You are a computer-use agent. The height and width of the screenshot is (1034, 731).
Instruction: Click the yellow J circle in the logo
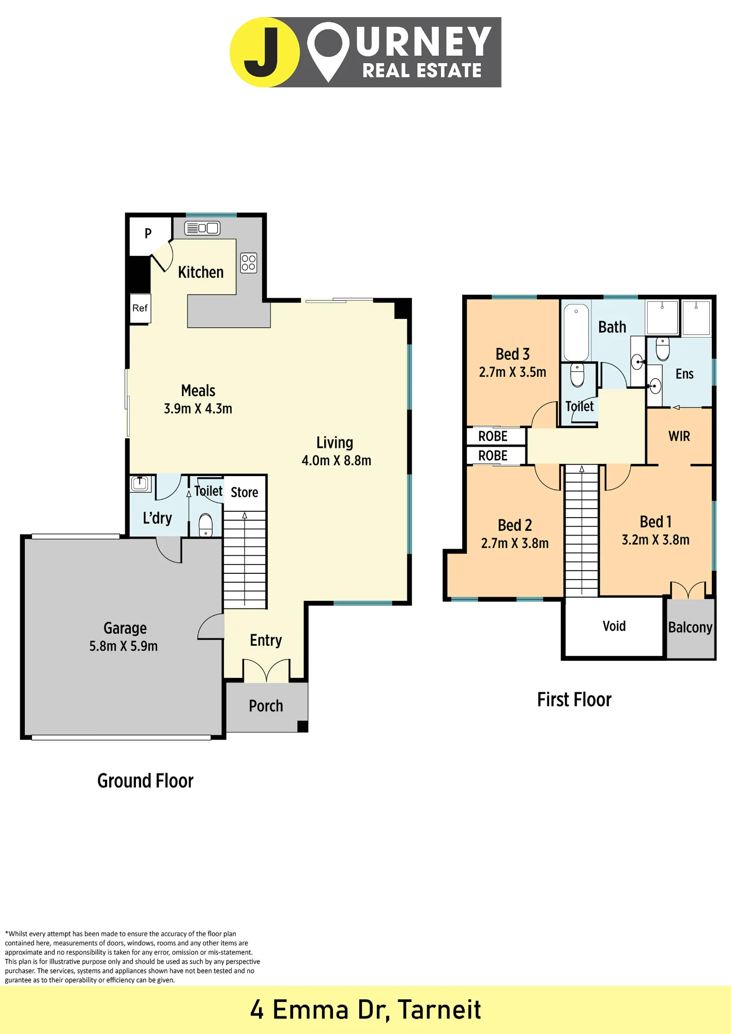click(x=264, y=52)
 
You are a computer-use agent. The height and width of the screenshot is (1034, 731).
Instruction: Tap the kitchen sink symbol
click(x=202, y=228)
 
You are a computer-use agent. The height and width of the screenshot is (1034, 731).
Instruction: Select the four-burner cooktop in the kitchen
click(x=249, y=263)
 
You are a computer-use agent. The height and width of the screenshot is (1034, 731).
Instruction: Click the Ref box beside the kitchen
click(x=140, y=309)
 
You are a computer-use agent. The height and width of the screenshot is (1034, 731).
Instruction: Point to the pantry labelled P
click(x=149, y=235)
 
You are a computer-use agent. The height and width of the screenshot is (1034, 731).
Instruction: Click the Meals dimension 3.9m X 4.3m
click(x=198, y=409)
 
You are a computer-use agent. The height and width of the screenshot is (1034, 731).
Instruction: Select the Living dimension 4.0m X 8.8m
click(x=337, y=461)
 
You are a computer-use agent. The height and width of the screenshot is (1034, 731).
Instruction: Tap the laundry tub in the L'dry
click(x=140, y=483)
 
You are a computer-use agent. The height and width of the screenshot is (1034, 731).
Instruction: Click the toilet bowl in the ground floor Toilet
click(x=206, y=525)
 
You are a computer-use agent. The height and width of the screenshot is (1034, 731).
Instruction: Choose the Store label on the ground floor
click(x=245, y=492)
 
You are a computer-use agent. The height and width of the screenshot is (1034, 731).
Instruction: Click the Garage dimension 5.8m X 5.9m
click(x=124, y=646)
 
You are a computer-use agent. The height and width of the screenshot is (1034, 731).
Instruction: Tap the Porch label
click(x=266, y=706)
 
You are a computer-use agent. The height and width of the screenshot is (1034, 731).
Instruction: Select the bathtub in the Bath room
click(x=576, y=332)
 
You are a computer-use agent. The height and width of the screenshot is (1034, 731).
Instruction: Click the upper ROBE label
click(x=493, y=436)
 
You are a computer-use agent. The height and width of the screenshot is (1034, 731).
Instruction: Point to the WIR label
click(x=679, y=436)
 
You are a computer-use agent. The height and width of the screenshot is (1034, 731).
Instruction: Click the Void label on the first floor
click(x=614, y=626)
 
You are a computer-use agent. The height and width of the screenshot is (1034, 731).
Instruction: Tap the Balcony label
click(x=690, y=628)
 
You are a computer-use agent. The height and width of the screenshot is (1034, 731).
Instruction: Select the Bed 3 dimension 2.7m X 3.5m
click(x=513, y=372)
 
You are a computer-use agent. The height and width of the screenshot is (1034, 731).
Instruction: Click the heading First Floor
click(x=574, y=700)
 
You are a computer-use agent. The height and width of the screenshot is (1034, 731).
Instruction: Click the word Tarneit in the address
click(x=440, y=1010)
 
